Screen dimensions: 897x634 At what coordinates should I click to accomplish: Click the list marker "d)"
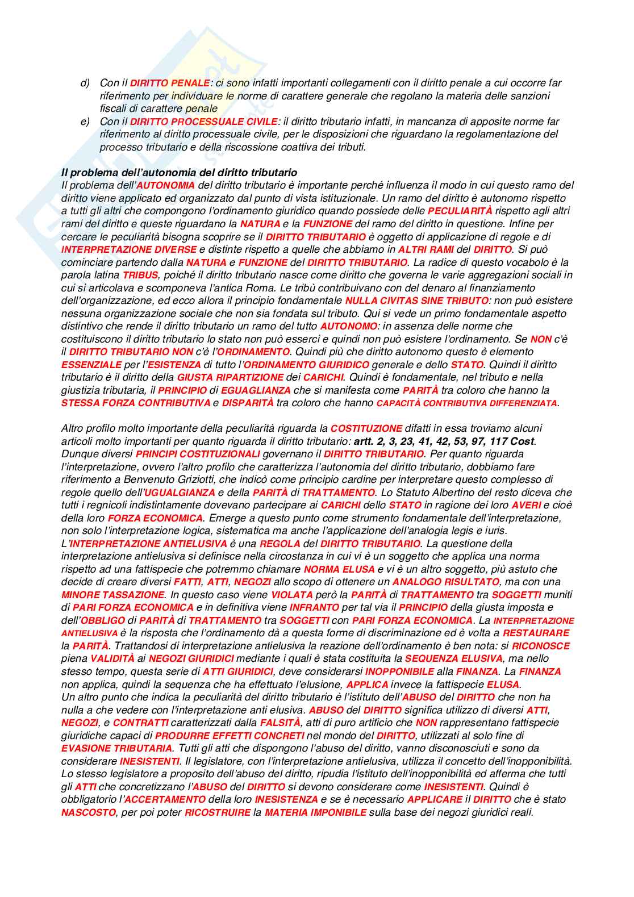(85, 83)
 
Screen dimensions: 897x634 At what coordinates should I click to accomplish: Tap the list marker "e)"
(85, 122)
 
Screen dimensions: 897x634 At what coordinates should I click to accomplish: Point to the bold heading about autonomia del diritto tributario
(179, 172)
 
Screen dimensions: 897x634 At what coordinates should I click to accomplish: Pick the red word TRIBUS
(140, 275)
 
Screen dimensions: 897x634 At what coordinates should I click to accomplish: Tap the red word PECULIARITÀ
(460, 211)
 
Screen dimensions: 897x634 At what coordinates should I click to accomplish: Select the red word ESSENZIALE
(91, 365)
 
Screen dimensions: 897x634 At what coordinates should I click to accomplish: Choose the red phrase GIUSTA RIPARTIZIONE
(238, 377)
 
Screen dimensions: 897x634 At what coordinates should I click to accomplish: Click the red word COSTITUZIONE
(366, 428)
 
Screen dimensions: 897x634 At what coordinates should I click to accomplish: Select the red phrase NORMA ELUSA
(339, 569)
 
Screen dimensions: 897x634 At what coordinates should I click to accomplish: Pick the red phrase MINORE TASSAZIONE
(112, 595)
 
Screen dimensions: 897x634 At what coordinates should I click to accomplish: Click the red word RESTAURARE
(536, 633)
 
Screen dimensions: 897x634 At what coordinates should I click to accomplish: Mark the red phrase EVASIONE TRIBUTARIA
(116, 748)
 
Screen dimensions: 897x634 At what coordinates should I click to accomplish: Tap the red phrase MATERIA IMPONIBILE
(315, 812)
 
